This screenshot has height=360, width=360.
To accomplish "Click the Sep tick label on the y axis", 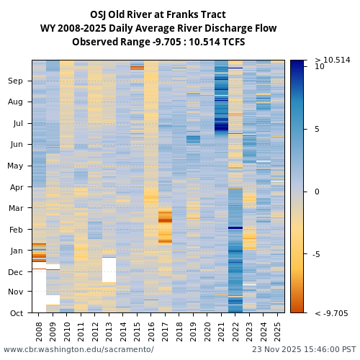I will [x=16, y=81].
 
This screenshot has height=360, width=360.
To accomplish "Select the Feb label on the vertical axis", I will [x=16, y=230].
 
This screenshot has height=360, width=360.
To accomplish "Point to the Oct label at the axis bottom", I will [x=17, y=313].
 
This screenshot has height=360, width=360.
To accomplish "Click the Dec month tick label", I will [x=16, y=272].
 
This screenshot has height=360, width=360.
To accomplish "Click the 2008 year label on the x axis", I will [x=39, y=330].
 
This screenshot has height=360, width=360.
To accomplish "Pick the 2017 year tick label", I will [x=165, y=330].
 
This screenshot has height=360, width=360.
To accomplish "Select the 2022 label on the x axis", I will [x=235, y=330].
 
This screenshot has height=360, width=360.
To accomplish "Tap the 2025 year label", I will [x=277, y=330].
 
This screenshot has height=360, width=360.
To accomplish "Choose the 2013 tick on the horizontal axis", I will [x=109, y=330].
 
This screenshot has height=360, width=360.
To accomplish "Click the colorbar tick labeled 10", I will [x=320, y=66].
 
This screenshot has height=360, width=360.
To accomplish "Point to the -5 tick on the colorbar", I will [x=318, y=254].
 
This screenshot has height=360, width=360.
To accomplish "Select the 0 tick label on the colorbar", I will [x=317, y=192].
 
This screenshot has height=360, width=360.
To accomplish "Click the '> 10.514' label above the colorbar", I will [x=332, y=60].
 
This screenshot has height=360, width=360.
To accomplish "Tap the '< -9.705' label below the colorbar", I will [x=331, y=313].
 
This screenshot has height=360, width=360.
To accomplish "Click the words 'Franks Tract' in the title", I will [x=194, y=14].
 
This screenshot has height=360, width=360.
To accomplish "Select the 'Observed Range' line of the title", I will [x=158, y=42].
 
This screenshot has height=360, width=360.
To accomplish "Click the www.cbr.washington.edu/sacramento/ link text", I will [x=78, y=350].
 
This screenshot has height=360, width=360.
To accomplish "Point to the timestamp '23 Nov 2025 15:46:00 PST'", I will [x=303, y=350].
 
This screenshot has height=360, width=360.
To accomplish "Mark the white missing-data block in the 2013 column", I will [x=109, y=270].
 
